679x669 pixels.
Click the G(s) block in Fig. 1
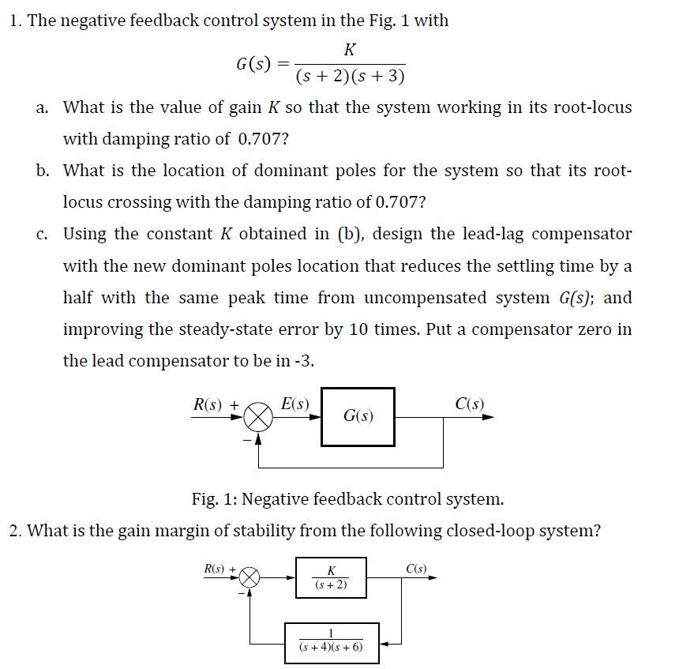point(358,416)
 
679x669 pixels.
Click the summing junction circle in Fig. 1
point(257,417)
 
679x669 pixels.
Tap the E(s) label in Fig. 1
point(295,404)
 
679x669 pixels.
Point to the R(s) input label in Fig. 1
point(211,405)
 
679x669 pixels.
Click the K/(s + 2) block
point(331,577)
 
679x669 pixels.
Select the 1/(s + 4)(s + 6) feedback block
point(332,641)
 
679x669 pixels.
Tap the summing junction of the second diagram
point(249,577)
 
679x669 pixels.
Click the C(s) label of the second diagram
point(416,568)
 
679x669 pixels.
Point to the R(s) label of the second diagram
point(215,568)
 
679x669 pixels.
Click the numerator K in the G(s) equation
point(351,50)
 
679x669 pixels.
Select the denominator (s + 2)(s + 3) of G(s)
point(351,77)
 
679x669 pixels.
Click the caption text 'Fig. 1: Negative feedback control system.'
point(347,499)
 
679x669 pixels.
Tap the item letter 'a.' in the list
point(43,107)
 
